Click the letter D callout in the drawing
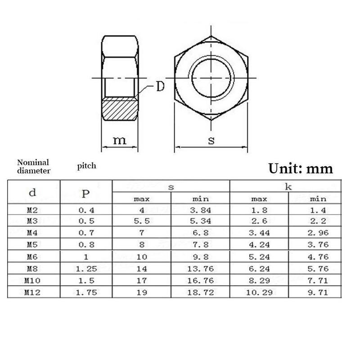(x=160, y=86)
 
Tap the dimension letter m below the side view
(x=119, y=140)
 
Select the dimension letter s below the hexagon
(x=211, y=140)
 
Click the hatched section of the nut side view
(x=119, y=109)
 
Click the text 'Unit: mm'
(x=301, y=168)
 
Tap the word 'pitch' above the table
(x=86, y=166)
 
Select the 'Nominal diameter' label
(x=33, y=166)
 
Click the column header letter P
(x=86, y=193)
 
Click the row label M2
(x=32, y=209)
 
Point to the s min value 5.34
(x=201, y=221)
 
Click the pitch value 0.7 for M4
(x=86, y=233)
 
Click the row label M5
(x=32, y=244)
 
